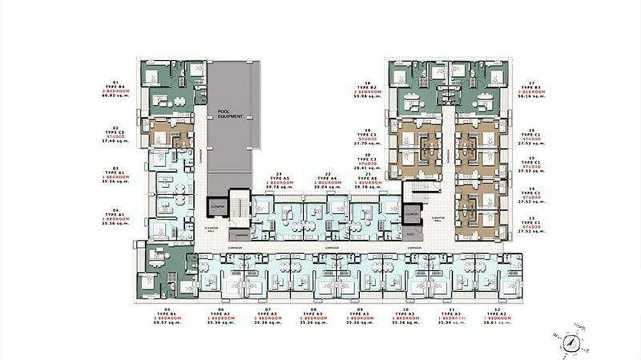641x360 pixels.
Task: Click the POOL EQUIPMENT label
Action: pyautogui.click(x=231, y=114)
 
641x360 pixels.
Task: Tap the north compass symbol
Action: pyautogui.click(x=571, y=341)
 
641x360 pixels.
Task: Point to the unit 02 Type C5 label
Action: pyautogui.click(x=115, y=132)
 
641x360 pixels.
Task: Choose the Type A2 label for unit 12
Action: pyautogui.click(x=497, y=314)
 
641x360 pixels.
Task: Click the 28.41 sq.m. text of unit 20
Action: pyautogui.click(x=369, y=168)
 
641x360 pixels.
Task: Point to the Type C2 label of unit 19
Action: pyautogui.click(x=369, y=134)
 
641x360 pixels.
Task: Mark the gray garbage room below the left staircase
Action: pyautogui.click(x=239, y=235)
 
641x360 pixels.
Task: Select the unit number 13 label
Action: pyautogui.click(x=533, y=218)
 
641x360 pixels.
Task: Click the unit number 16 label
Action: pyautogui.click(x=533, y=130)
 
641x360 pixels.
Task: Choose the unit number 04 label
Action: pyautogui.click(x=115, y=210)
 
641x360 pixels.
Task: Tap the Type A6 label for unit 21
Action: pyautogui.click(x=369, y=178)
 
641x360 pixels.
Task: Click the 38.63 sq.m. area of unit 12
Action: pyautogui.click(x=497, y=322)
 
